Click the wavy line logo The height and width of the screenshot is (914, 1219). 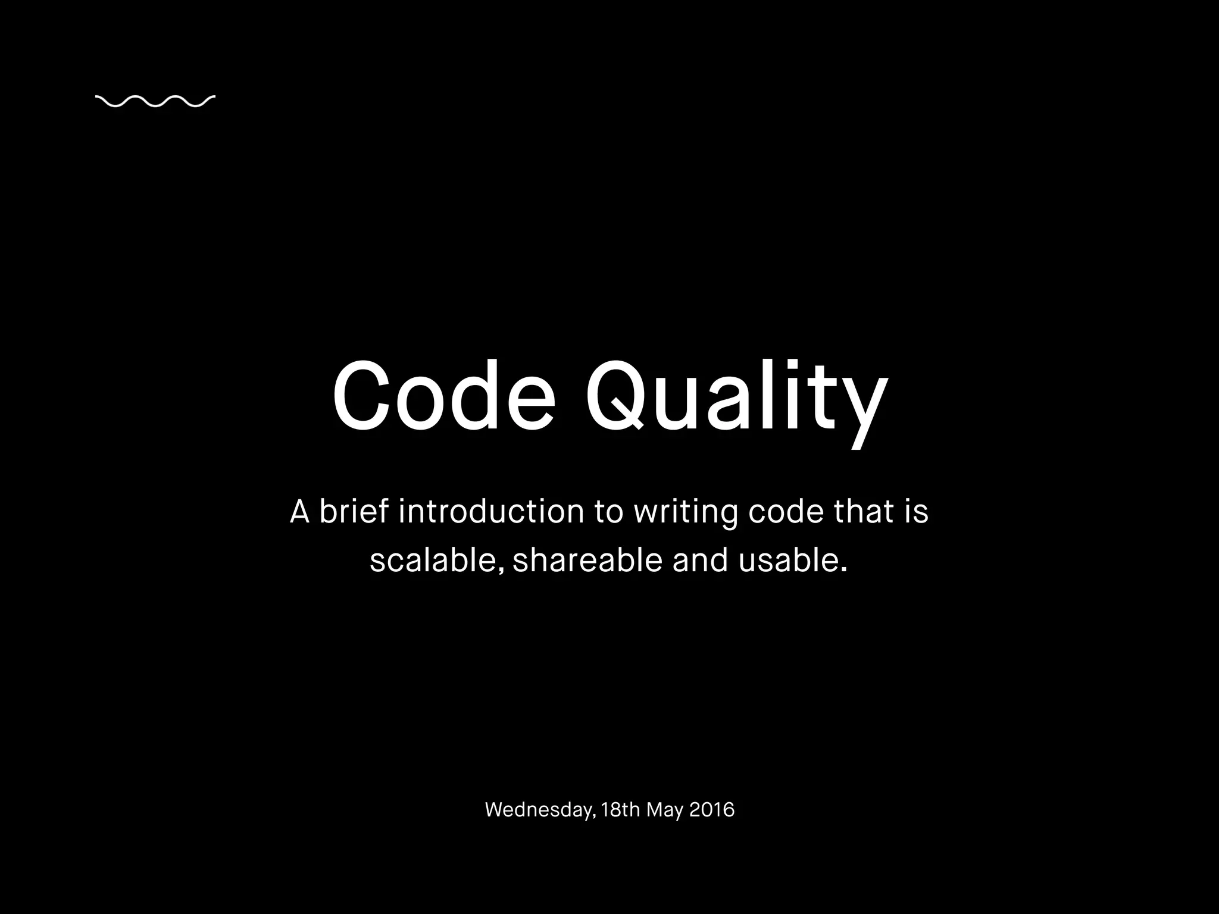pos(155,102)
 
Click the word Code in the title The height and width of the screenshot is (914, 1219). pos(444,396)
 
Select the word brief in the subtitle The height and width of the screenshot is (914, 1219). pos(354,511)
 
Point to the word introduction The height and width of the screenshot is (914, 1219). pos(491,511)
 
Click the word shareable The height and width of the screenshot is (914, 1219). pos(587,560)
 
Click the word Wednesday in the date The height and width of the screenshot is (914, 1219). pos(539,810)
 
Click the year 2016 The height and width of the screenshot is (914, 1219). pos(712,810)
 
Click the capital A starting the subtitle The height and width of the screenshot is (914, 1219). pos(299,512)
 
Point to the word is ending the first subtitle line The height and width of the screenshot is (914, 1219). pos(917,511)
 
